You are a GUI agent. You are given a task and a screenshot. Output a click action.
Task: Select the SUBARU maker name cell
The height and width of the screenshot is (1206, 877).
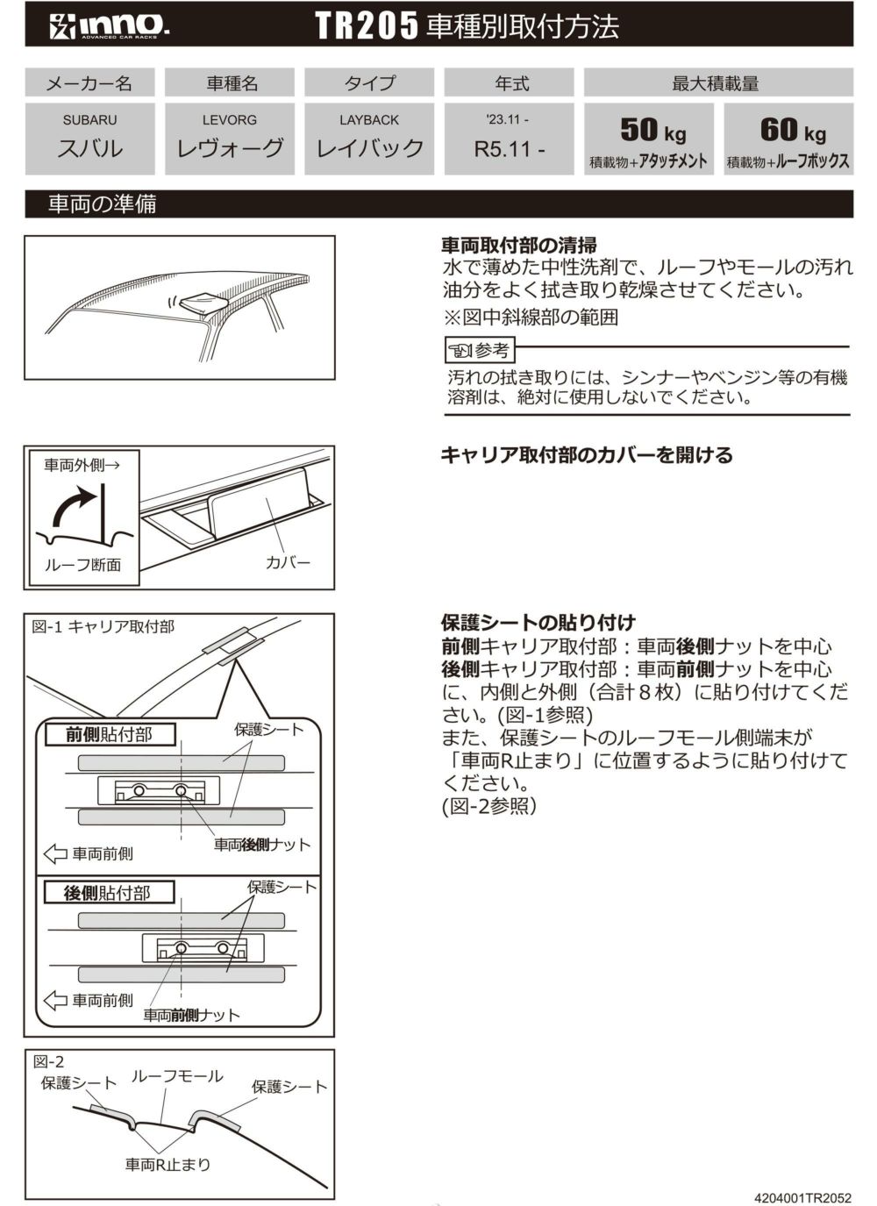89,138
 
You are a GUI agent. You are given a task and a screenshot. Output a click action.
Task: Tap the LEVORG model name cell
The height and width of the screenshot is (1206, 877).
230,138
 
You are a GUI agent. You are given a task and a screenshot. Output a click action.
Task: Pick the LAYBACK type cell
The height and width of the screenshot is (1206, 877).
369,138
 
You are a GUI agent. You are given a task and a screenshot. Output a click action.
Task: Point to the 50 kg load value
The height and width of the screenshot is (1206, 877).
652,132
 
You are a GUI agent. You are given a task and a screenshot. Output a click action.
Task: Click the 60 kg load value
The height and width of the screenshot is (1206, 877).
792,132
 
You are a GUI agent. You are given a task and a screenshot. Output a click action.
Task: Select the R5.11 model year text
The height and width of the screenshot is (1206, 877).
509,148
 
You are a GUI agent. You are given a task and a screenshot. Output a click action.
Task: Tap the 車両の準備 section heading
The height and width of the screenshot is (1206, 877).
103,204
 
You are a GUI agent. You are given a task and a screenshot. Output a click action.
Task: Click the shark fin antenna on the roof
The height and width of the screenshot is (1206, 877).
202,303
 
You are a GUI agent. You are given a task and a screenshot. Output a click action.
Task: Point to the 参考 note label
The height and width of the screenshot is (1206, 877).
480,351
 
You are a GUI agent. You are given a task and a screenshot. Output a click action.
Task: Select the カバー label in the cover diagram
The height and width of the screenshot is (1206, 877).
288,562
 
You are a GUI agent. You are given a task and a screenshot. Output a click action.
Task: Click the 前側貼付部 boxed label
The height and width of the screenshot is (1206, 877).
109,734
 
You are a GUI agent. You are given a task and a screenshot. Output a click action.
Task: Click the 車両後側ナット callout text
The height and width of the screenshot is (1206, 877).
262,845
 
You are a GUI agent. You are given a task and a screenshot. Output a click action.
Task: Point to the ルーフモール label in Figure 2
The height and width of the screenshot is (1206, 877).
176,1076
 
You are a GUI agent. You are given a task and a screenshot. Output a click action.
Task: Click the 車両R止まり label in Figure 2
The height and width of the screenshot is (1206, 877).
168,1165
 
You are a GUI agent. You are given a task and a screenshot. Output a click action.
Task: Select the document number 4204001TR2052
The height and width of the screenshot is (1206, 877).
802,1196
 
